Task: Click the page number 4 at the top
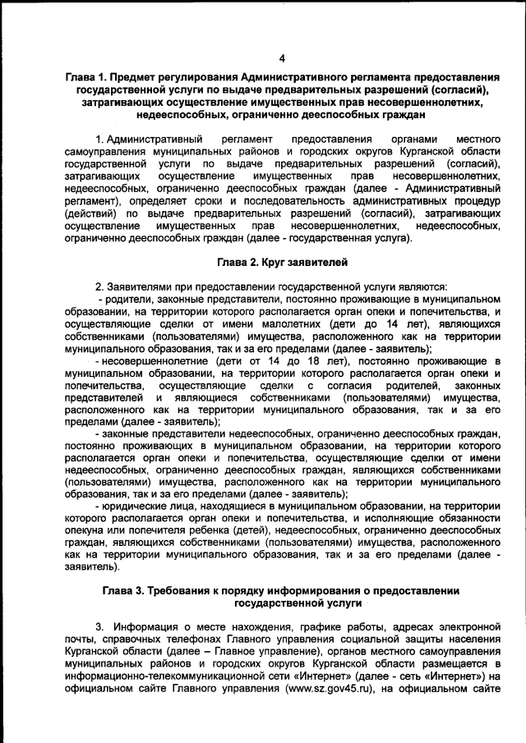281,58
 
